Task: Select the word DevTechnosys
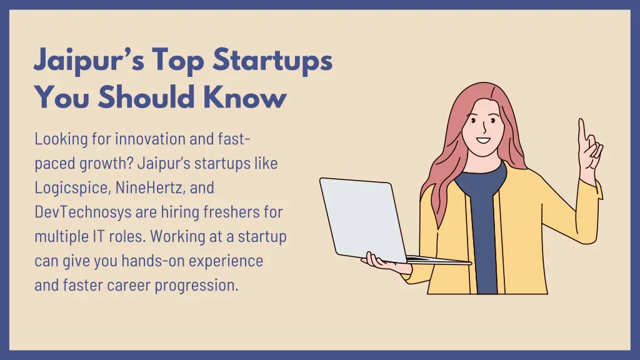(x=83, y=212)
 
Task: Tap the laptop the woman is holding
(x=362, y=219)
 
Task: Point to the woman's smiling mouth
(x=484, y=139)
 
